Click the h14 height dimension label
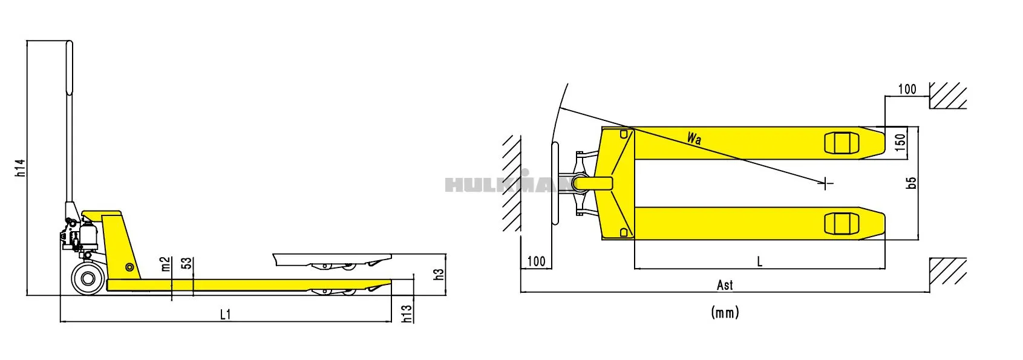(21, 168)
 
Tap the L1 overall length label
(225, 315)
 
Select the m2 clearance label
(166, 264)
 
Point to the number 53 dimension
(188, 263)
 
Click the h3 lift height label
(439, 274)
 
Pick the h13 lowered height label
(407, 313)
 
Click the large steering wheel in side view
(88, 278)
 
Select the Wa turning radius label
(694, 138)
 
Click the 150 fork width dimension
(900, 142)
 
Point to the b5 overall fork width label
(912, 182)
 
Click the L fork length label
(760, 261)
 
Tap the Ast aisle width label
(725, 284)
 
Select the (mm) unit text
(725, 312)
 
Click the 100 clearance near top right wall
(907, 89)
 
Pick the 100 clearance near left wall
(536, 261)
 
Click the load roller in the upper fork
(842, 143)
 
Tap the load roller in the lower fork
(842, 223)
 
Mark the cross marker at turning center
(826, 183)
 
